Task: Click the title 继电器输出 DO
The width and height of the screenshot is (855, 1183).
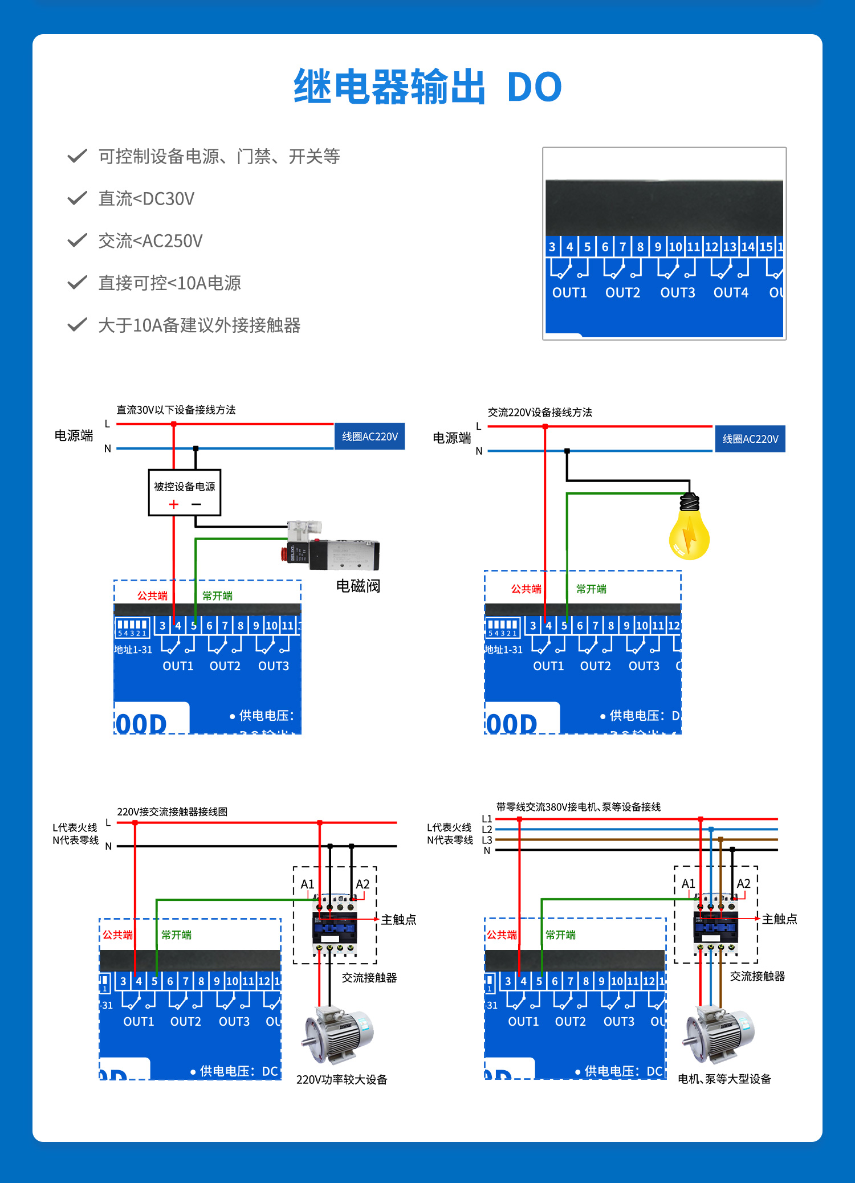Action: point(427,87)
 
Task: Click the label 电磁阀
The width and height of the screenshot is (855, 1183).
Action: point(358,586)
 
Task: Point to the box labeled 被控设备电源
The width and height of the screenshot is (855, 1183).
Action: point(184,492)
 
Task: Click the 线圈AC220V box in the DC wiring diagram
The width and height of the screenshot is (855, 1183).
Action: point(369,437)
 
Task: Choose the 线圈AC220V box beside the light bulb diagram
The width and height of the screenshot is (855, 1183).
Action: point(750,439)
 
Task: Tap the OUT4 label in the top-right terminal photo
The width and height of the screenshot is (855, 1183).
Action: point(731,293)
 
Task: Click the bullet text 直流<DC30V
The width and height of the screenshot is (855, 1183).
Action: point(146,199)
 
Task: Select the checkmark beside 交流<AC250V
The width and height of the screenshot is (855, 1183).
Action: point(77,240)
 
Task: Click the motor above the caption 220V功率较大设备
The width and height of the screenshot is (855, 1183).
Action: point(339,1034)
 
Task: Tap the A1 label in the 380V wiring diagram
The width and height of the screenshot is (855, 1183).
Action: point(689,883)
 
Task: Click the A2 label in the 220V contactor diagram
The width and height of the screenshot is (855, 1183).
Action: point(363,884)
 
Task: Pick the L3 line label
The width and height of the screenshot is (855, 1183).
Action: point(487,840)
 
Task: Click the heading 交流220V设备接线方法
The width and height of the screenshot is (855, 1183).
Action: point(540,412)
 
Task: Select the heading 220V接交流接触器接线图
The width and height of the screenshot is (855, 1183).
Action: point(172,811)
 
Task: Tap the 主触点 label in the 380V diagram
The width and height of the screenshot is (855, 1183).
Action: point(779,919)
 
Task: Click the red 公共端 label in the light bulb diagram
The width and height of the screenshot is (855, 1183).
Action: point(526,589)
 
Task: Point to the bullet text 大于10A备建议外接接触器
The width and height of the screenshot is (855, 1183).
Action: point(199,325)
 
